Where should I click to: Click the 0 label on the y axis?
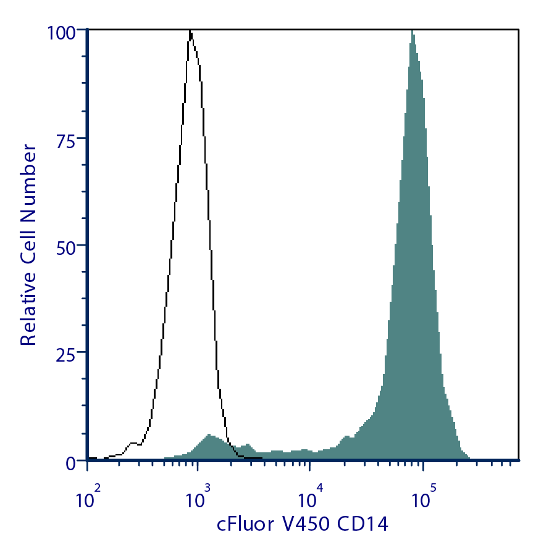point(72,462)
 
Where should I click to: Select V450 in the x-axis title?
point(307,525)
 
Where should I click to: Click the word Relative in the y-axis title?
point(28,308)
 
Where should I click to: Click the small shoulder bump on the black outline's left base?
point(133,443)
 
